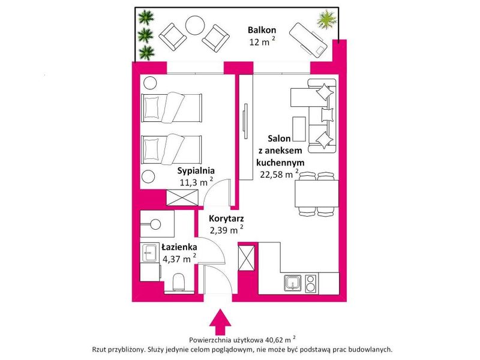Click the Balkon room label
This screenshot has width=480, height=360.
(x=262, y=30)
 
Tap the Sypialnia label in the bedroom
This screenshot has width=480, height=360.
(x=196, y=170)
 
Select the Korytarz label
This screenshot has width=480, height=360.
(x=226, y=218)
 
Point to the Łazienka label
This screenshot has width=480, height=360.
(x=179, y=247)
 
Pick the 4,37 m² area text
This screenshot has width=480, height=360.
(x=179, y=259)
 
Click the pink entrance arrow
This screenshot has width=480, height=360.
(x=220, y=322)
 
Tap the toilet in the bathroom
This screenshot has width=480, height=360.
(x=179, y=281)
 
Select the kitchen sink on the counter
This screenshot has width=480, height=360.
(x=293, y=283)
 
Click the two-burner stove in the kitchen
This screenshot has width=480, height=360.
(x=310, y=283)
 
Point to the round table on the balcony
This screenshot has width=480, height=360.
(x=195, y=25)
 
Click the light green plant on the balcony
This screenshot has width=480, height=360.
(x=327, y=19)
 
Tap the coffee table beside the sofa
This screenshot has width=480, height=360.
(x=299, y=128)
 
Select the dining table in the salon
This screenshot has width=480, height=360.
(x=317, y=193)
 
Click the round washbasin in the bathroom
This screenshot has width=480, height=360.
(x=155, y=224)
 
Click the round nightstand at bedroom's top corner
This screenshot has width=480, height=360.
(x=150, y=83)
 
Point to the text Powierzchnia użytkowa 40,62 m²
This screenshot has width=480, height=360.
(x=242, y=340)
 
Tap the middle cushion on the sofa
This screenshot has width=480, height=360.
(x=326, y=115)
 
